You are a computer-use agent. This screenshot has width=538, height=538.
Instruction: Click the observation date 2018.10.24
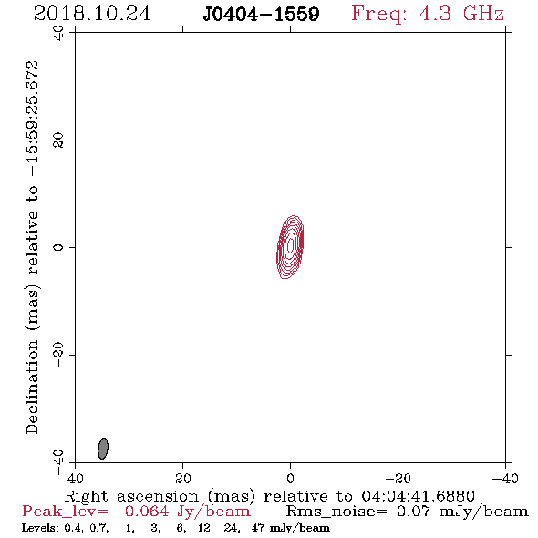(x=92, y=14)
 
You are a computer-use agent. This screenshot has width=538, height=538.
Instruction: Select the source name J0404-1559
(x=261, y=14)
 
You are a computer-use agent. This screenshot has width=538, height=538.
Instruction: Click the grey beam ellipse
(x=103, y=449)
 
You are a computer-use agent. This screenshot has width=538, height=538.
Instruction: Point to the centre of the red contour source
(x=290, y=246)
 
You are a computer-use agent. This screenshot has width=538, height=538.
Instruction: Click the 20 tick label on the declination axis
(x=58, y=140)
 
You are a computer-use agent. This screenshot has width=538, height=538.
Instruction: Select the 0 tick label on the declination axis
(x=58, y=247)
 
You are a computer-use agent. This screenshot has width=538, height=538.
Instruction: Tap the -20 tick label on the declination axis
(x=58, y=355)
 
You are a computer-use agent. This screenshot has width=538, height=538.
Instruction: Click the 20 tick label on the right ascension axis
(x=183, y=479)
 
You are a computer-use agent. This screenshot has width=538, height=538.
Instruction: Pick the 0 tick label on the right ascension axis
(x=290, y=479)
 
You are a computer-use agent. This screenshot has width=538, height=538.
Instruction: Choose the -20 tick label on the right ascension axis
(x=398, y=479)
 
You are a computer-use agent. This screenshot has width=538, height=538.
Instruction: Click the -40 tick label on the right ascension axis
(x=505, y=479)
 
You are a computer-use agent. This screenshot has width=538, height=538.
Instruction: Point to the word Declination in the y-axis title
(x=32, y=387)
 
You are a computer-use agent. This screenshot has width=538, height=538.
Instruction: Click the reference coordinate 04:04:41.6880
(x=418, y=496)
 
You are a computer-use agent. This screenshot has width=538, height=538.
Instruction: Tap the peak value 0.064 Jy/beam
(x=188, y=512)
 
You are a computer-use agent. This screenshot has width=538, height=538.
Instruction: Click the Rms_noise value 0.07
(x=413, y=512)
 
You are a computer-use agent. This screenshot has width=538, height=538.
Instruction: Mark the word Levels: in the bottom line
(x=41, y=528)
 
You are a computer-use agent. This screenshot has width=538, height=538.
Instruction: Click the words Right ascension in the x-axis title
(x=131, y=496)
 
